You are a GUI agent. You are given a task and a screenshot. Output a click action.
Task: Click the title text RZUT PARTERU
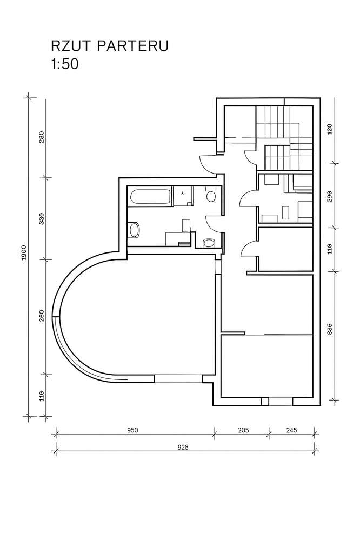click(110, 46)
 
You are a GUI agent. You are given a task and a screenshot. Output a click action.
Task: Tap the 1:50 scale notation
click(65, 64)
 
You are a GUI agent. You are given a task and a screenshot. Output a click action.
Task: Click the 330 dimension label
click(42, 219)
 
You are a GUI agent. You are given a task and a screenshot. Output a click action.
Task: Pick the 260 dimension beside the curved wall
click(42, 316)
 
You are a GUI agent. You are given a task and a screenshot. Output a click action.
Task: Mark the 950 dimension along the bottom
click(132, 430)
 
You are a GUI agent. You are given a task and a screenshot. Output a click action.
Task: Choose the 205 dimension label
click(243, 430)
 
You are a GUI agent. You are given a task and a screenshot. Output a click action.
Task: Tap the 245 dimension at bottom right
click(291, 430)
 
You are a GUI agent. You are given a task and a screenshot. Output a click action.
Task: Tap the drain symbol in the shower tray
click(182, 193)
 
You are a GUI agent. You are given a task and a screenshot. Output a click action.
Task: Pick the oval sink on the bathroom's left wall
click(134, 230)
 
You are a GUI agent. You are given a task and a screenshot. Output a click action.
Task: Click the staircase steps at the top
click(284, 138)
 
